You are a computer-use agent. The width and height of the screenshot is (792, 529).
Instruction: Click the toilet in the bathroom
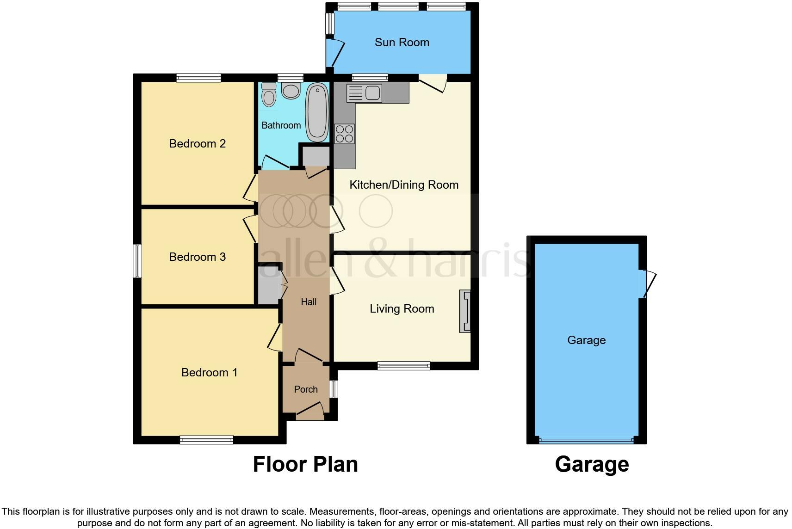(x=268, y=95)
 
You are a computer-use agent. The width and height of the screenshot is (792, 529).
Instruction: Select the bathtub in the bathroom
(x=317, y=112)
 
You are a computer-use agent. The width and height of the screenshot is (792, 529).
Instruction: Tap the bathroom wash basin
(x=291, y=91)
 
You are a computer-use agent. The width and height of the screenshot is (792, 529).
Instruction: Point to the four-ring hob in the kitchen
(x=345, y=134)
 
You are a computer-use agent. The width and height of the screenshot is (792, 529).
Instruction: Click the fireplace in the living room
(x=465, y=311)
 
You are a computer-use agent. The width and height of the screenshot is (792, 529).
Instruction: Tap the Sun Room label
(x=402, y=43)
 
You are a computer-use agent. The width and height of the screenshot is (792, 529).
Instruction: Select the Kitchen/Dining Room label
(x=403, y=185)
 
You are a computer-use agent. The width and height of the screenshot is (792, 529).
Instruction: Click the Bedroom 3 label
(x=197, y=257)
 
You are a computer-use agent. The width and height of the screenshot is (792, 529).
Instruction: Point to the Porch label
(x=306, y=389)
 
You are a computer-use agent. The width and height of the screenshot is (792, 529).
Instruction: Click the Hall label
(x=309, y=302)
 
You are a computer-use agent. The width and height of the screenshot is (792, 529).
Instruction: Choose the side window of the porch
(x=334, y=389)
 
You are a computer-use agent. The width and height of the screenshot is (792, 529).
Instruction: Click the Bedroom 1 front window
(x=206, y=440)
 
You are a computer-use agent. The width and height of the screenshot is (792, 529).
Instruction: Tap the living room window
(x=403, y=366)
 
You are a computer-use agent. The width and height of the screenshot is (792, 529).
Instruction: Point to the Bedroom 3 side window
(x=137, y=261)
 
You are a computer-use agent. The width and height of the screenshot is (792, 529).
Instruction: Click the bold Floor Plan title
(x=305, y=464)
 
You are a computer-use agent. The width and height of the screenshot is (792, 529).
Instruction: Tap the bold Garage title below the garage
(x=592, y=464)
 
